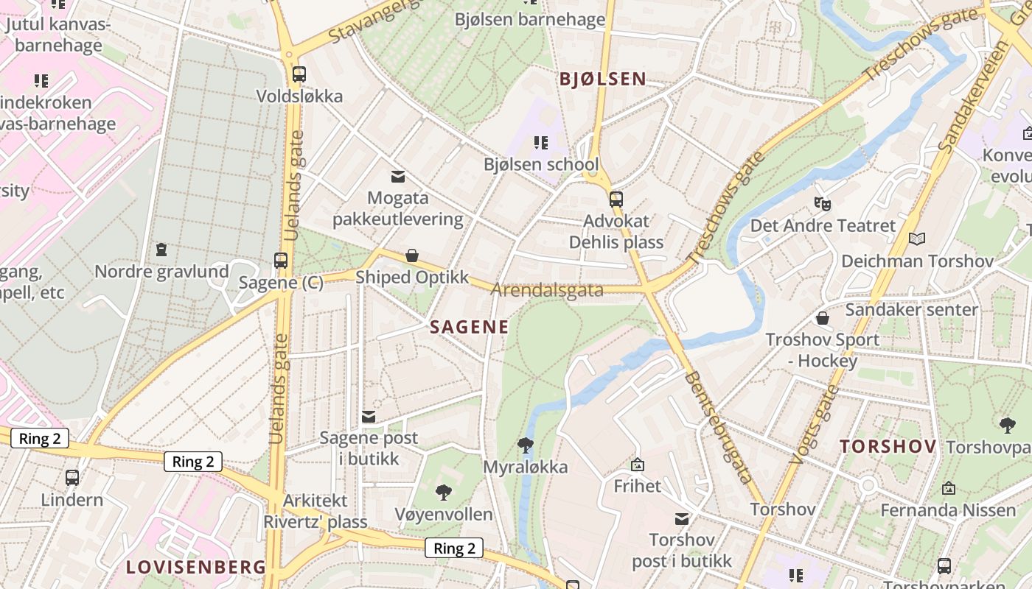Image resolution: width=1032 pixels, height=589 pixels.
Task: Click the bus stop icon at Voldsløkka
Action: pos(299,74)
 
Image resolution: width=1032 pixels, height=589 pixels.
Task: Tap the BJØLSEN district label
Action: pos(602,80)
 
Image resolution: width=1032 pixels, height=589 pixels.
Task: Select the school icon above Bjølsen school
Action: pos(541,142)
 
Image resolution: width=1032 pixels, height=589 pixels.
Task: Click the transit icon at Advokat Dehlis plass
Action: pos(616,199)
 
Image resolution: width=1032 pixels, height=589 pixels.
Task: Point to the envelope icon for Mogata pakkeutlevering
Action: pos(398,176)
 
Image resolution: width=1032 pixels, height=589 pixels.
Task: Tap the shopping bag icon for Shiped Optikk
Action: pos(412,255)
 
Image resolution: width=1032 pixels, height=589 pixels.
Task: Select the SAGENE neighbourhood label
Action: pos(470,328)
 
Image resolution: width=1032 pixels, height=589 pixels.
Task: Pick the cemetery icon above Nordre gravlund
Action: pos(161,250)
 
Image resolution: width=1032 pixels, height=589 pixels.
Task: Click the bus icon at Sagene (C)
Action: pos(281,260)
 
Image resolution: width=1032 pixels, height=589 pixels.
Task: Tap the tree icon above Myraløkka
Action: pos(525,445)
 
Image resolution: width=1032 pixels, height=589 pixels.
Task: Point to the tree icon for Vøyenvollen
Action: pos(443,492)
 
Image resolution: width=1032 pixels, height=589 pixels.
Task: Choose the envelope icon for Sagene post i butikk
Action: pos(369,417)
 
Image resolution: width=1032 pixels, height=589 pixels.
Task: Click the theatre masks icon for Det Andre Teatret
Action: pos(822,203)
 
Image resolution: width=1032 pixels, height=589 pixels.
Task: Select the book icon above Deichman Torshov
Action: pos(917,239)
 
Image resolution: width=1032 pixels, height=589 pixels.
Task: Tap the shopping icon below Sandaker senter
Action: pos(823,318)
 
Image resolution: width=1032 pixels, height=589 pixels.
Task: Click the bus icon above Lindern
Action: pos(72,477)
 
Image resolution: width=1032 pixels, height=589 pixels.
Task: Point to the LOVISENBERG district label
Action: pos(195,568)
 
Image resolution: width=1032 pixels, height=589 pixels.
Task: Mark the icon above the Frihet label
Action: pos(638,465)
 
